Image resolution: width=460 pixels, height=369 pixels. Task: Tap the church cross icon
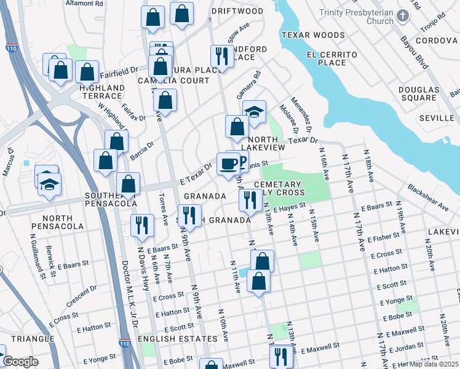coord(402,15)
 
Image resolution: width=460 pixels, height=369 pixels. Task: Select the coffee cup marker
coord(228,164)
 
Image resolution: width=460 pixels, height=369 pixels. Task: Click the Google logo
coord(20,362)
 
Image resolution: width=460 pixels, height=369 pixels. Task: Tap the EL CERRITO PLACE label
coord(331,58)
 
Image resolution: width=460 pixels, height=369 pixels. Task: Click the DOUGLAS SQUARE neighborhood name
coord(418,93)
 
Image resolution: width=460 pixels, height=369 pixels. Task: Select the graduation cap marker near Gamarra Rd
coord(253,113)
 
